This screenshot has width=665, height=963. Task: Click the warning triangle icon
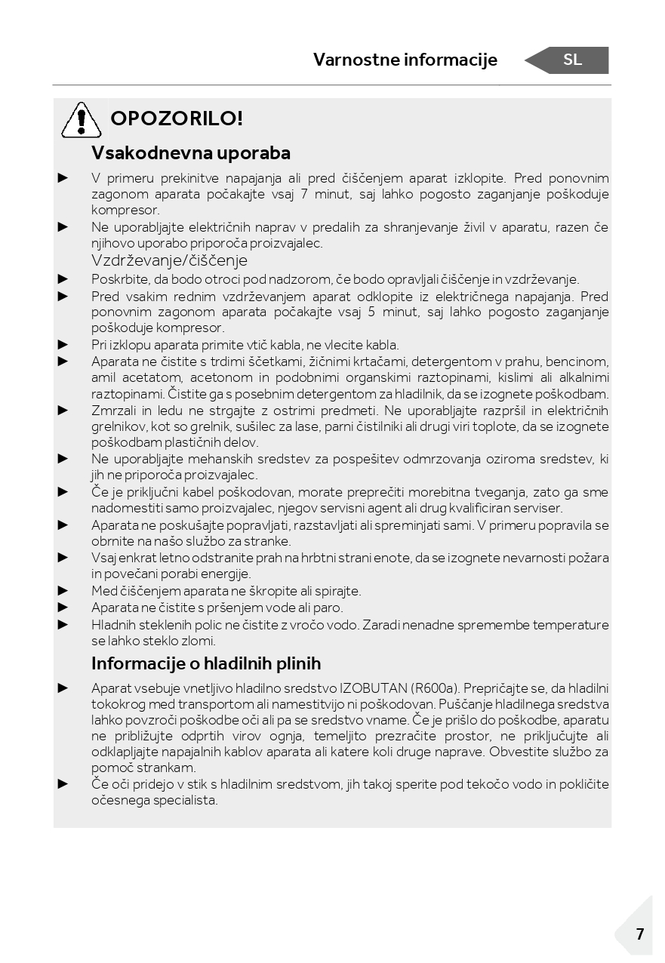coord(81,120)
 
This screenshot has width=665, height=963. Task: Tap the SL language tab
coord(572,60)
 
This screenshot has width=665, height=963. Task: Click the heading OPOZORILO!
coord(177,118)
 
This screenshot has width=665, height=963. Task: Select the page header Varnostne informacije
coord(405,60)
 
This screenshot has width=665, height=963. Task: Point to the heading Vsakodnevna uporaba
coord(191,152)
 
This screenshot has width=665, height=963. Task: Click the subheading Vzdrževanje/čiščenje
coord(169,260)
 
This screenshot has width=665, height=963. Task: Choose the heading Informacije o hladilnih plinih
coord(206,663)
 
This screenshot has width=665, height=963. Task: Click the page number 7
coord(639,934)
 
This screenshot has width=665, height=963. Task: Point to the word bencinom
coord(577,362)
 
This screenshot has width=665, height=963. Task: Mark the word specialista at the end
coord(183,800)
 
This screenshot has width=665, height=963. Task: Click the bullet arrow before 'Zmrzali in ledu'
coord(63,410)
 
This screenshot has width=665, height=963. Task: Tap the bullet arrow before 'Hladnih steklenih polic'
coord(63,624)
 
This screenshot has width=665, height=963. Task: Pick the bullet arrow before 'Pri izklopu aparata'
coord(63,344)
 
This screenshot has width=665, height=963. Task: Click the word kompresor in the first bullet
coord(125,211)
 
